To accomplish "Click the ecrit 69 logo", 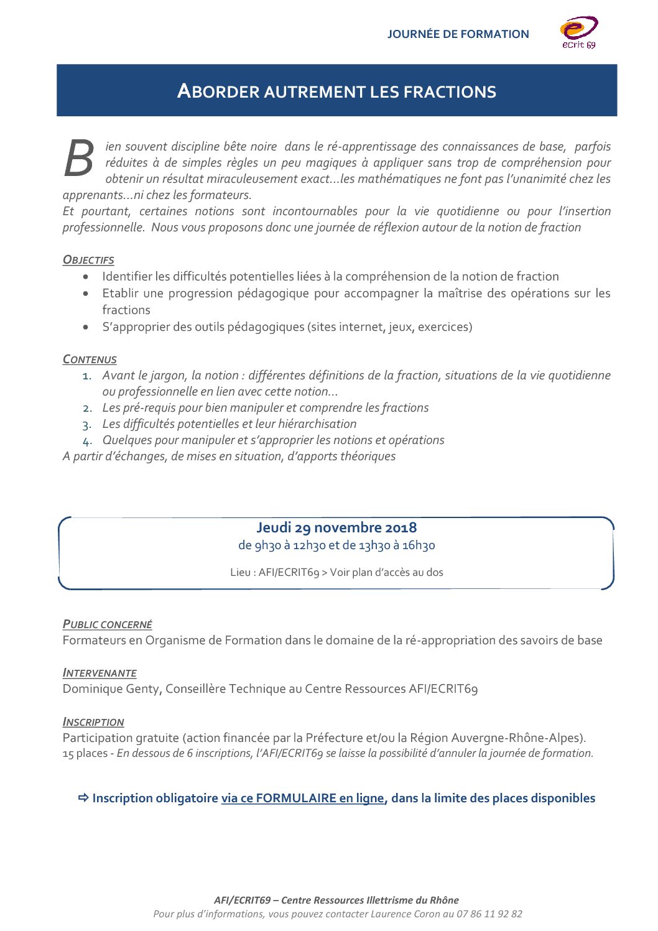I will (579, 32).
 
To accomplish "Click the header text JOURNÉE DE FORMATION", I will (458, 34).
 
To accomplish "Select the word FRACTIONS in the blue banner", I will (450, 92).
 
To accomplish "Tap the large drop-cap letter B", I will (79, 159).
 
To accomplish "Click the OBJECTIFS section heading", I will (88, 260).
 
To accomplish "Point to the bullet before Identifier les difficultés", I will (86, 277).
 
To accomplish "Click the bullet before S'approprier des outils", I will (86, 327).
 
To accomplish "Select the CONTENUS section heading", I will (90, 359).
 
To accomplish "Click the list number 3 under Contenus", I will (86, 425).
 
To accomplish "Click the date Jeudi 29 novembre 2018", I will (336, 527).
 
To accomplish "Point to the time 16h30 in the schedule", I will (419, 545).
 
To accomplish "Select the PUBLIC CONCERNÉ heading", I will (107, 624).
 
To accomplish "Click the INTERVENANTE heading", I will (100, 673).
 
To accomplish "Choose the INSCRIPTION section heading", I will (93, 722).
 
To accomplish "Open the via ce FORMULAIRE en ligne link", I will (303, 799).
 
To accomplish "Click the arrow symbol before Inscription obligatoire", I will (83, 798).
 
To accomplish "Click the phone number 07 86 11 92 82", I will (489, 914).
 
